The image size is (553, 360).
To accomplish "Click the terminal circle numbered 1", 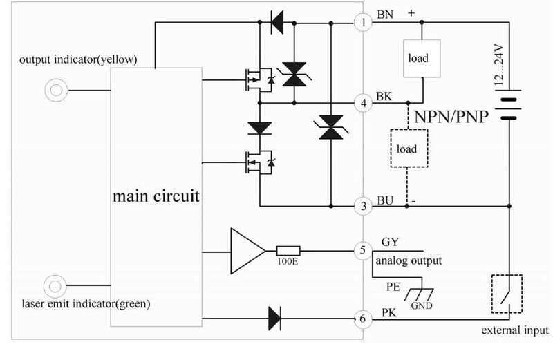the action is [364, 23].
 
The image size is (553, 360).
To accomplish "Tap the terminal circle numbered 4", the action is [364, 104].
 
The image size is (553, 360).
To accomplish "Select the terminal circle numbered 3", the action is [364, 206].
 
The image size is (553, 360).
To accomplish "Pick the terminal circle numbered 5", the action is [364, 251].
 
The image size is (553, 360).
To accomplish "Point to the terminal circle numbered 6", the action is [364, 319].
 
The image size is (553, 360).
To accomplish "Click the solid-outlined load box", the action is [422, 58].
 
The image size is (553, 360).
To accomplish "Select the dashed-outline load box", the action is [409, 148].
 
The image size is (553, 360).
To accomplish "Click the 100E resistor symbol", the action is [288, 251].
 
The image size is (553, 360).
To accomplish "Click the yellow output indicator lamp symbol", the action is [56, 91].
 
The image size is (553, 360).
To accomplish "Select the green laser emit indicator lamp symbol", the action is [55, 286].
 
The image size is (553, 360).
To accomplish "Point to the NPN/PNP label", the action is [451, 117].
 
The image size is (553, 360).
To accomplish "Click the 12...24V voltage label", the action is [499, 64].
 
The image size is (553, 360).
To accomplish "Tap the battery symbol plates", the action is [508, 105].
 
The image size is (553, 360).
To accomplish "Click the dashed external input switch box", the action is [507, 294].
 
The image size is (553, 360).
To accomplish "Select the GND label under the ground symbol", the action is [422, 305].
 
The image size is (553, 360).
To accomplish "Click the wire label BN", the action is [385, 15].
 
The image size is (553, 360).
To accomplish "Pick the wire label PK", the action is [389, 313].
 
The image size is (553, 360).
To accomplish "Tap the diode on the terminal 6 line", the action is [274, 319].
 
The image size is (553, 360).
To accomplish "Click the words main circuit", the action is [156, 196].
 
